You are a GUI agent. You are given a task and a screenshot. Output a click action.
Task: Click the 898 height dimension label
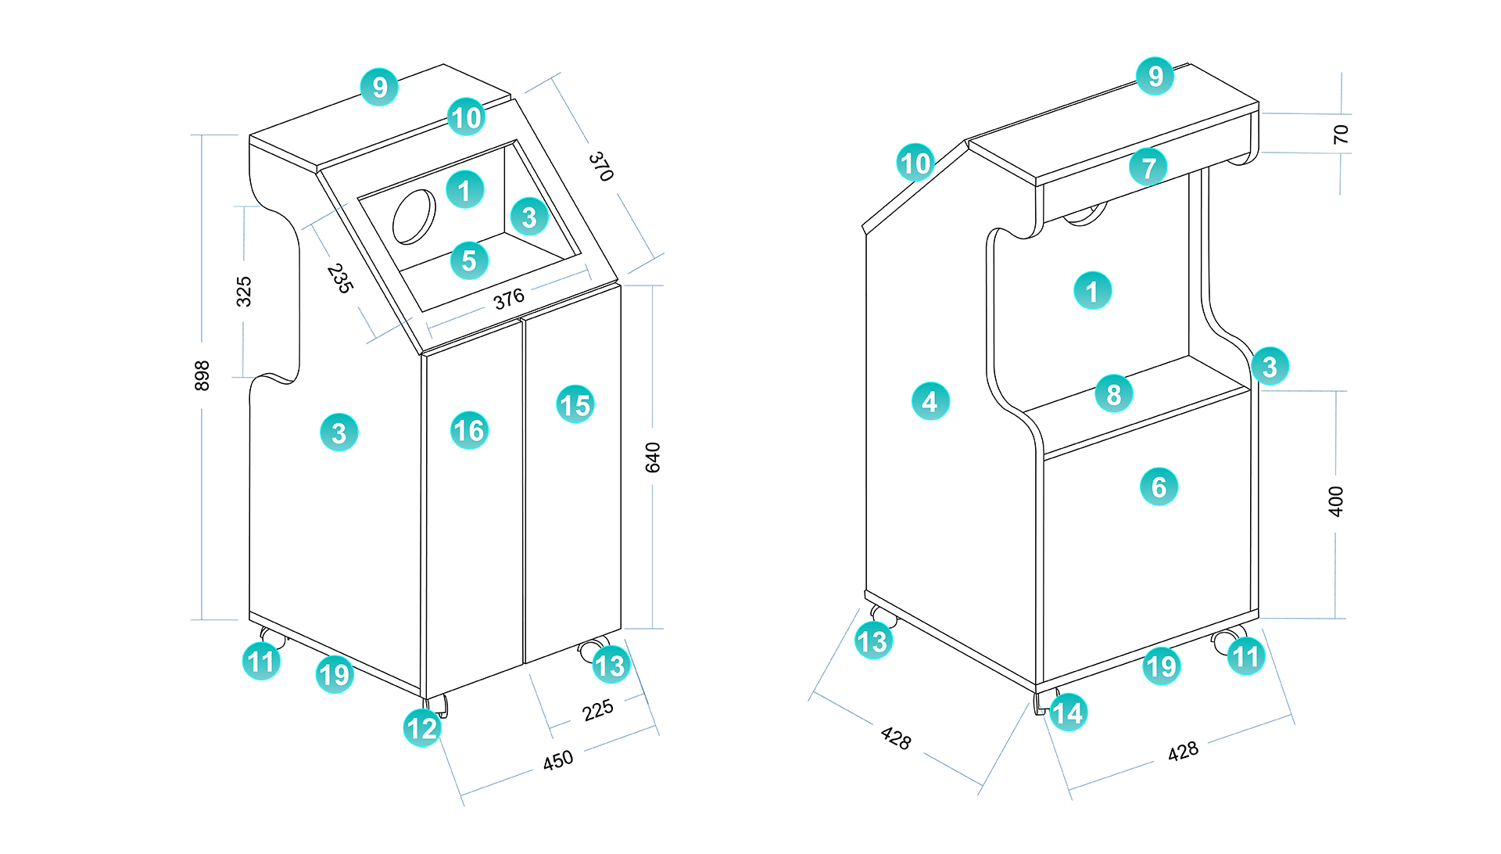pos(202,375)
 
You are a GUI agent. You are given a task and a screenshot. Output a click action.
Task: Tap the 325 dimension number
pos(244,291)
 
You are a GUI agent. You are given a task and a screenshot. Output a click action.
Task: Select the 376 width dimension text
pos(509,299)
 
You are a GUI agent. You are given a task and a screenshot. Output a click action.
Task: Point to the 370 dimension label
pos(600,167)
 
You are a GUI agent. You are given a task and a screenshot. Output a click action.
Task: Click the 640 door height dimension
pos(653,457)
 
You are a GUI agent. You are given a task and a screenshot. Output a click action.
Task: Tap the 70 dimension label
pos(1341,134)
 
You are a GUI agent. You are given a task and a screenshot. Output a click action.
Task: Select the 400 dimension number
pos(1335,501)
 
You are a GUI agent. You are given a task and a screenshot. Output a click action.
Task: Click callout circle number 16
pos(470,430)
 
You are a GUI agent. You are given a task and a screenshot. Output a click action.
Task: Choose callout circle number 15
pos(575,405)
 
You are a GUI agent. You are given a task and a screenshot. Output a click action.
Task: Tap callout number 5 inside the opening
pos(469,260)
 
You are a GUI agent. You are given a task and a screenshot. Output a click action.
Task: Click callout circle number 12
pos(422,728)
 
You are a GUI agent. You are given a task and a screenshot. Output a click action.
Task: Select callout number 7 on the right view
pos(1148,167)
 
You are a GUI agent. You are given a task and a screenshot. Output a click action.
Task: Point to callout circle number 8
pos(1114,394)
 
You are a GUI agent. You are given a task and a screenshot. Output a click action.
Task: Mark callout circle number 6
pos(1159,487)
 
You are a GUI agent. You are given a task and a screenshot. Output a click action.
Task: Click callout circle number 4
pos(930,402)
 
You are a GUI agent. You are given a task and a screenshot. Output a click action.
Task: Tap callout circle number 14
pos(1068,712)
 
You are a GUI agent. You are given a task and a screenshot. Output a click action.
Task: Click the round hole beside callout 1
pos(414,217)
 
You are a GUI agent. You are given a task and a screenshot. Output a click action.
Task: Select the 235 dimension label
pos(339,278)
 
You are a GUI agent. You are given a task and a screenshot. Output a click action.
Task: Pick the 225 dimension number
pos(598,710)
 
